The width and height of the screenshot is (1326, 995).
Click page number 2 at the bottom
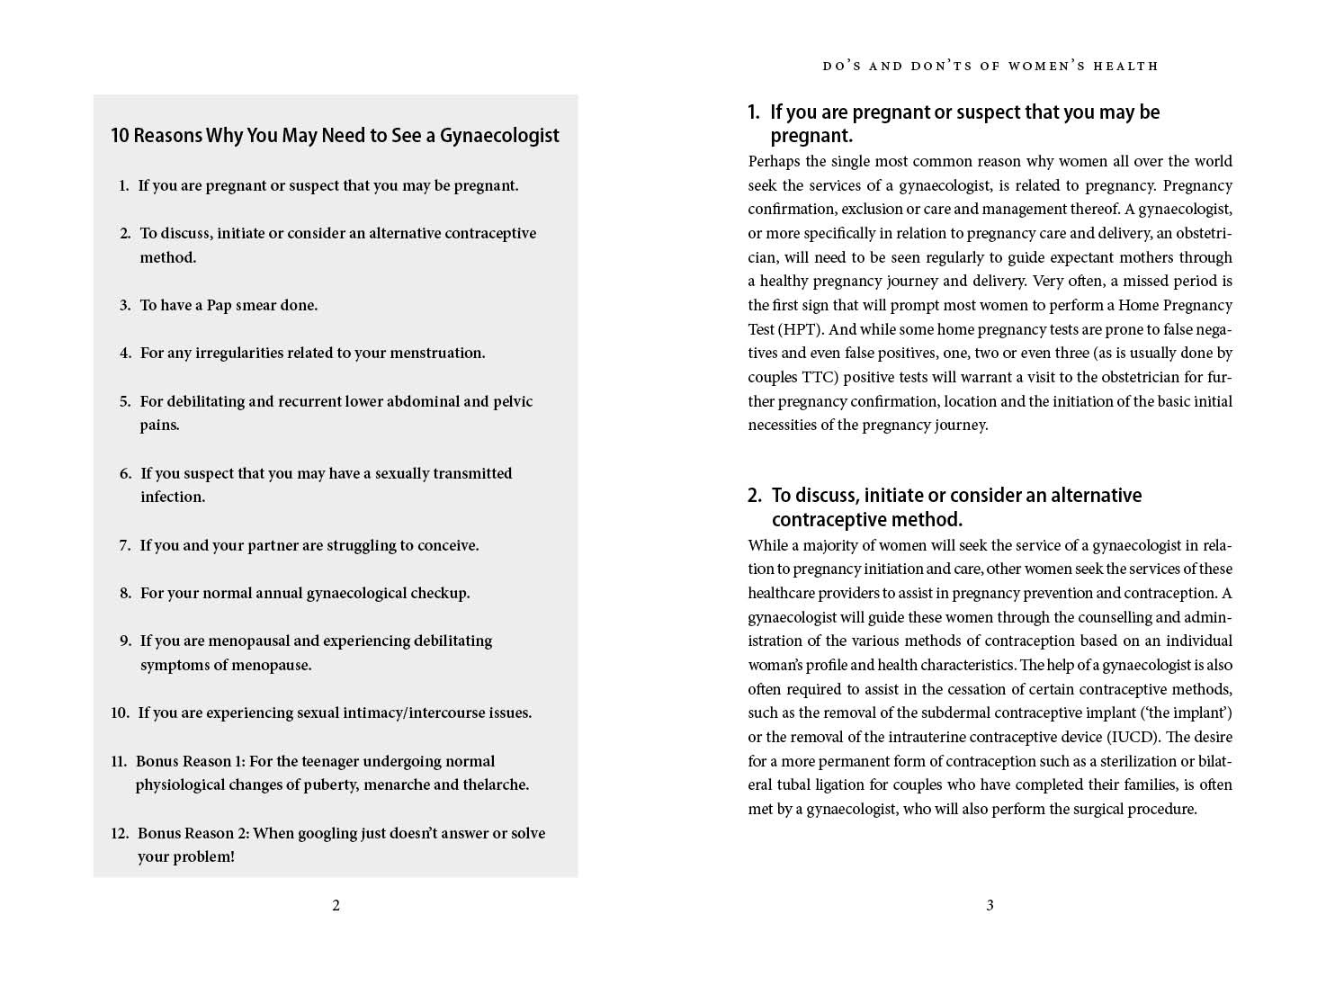tap(336, 905)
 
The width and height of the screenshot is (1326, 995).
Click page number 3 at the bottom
tap(990, 905)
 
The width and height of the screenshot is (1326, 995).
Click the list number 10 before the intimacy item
tap(120, 713)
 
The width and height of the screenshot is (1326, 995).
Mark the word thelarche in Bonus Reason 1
tap(495, 784)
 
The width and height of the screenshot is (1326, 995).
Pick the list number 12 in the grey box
tap(120, 833)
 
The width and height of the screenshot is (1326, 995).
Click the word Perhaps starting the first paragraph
tap(774, 161)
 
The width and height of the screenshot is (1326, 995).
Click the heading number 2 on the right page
tap(754, 496)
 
